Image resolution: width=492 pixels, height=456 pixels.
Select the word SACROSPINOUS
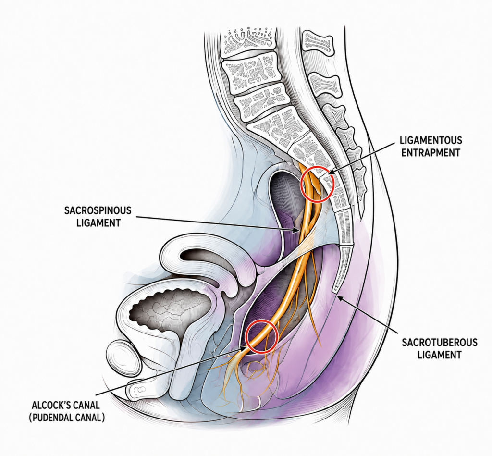pyautogui.click(x=98, y=210)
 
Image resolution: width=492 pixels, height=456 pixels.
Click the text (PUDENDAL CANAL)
pyautogui.click(x=67, y=418)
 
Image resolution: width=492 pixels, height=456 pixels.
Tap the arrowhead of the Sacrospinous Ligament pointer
pyautogui.click(x=297, y=231)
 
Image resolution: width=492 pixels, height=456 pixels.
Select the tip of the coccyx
pyautogui.click(x=335, y=291)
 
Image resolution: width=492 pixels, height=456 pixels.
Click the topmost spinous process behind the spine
pyautogui.click(x=318, y=43)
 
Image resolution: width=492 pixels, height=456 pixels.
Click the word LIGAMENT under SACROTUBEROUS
pyautogui.click(x=439, y=355)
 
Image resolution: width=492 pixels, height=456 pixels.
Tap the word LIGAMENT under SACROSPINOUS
pyautogui.click(x=98, y=223)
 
